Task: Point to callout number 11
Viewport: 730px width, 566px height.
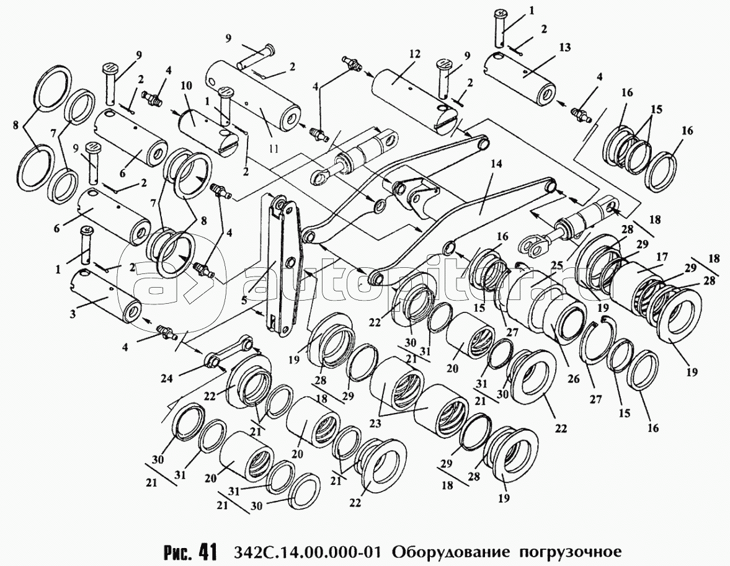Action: (274, 149)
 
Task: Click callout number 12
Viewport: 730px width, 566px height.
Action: (415, 54)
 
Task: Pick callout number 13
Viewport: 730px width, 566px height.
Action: (565, 48)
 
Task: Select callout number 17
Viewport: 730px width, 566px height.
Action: (662, 257)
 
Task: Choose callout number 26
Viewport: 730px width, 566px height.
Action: (574, 379)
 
